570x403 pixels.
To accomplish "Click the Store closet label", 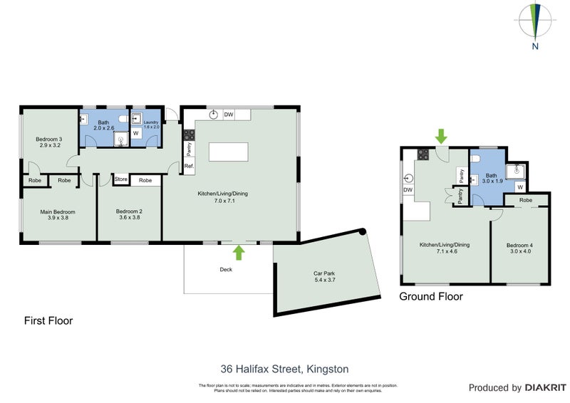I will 120,180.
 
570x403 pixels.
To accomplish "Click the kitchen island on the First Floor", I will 228,152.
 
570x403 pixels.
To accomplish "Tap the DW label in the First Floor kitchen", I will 229,115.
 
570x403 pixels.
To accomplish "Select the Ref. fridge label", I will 189,167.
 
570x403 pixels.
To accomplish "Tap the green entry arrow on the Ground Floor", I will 441,135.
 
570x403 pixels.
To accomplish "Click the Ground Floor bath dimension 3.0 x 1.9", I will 490,182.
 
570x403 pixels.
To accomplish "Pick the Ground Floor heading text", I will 430,296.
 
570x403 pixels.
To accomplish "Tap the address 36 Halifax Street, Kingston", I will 284,369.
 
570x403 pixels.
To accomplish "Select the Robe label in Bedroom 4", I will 526,201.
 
